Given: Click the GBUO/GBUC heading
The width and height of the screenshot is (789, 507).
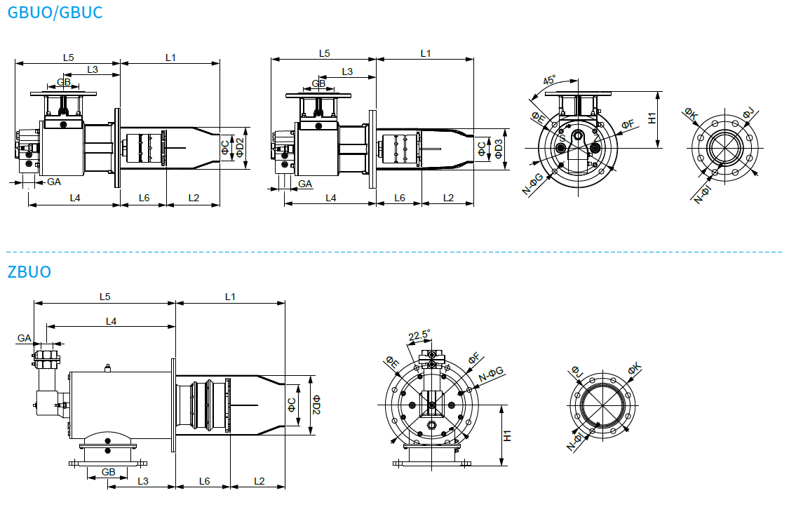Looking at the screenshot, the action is tap(55, 12).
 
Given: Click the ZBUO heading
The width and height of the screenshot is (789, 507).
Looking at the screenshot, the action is tap(29, 271).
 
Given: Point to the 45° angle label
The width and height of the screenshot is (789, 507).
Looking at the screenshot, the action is tap(549, 80).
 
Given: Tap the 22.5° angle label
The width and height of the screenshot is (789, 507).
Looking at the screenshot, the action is tap(419, 335).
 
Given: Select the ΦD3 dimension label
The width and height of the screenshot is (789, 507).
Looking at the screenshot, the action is tap(499, 149).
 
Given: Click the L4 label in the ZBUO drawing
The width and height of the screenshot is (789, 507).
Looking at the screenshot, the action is tap(112, 321).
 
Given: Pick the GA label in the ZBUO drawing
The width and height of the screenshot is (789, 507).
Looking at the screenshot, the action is tap(24, 338).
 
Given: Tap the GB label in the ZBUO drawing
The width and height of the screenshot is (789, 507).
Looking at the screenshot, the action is tap(108, 472).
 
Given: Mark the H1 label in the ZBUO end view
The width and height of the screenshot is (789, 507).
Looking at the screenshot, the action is tap(507, 435).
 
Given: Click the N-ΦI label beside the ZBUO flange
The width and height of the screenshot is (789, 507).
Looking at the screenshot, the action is tap(574, 440).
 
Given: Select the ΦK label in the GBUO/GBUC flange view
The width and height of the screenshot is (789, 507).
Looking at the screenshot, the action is tap(691, 115).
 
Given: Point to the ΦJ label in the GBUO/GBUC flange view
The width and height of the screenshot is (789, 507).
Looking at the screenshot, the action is tap(748, 113).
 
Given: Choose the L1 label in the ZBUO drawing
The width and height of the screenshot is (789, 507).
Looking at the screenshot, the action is tap(230, 297).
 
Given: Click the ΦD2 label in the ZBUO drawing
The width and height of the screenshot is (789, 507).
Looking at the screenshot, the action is tap(316, 405).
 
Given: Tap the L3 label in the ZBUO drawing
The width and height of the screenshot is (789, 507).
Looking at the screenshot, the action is tap(143, 481).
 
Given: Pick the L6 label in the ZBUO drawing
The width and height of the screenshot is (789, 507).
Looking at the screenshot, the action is tap(204, 481).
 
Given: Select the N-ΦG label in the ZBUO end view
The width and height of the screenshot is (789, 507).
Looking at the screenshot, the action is tap(491, 374).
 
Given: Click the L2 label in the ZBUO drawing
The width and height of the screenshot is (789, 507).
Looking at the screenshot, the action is tap(259, 481).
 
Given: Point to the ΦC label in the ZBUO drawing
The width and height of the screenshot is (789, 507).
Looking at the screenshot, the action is tap(292, 405).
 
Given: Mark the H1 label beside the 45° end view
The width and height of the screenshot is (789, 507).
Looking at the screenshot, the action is tap(652, 119).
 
